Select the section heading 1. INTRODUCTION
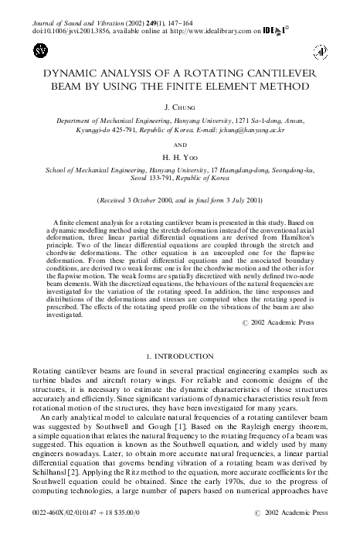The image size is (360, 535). point(179,355)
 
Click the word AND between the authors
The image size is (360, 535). point(180,145)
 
